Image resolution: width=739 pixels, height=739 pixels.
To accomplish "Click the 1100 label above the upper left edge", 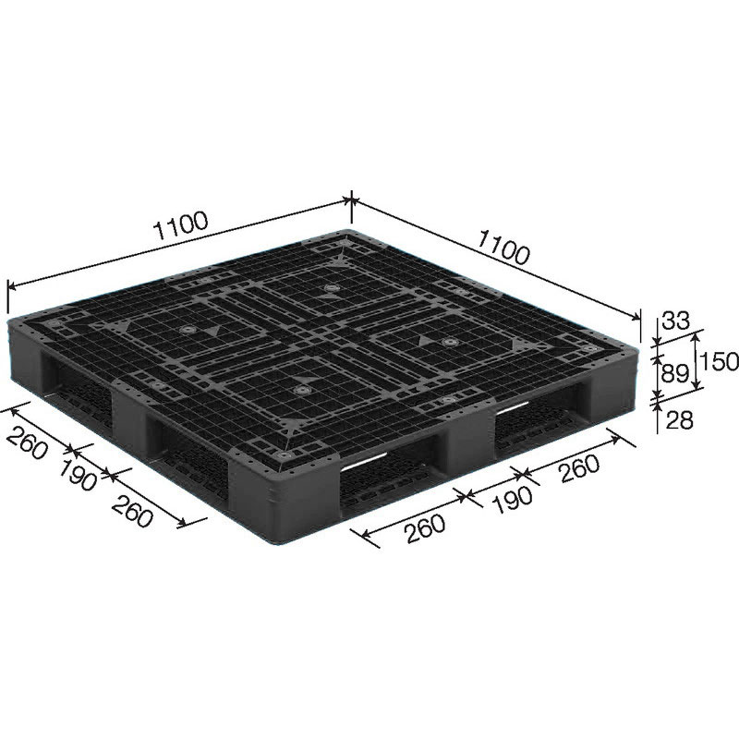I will [x=181, y=225].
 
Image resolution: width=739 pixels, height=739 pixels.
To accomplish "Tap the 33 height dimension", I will [x=676, y=321].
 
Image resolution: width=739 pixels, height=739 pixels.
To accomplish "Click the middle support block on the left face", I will [x=129, y=416].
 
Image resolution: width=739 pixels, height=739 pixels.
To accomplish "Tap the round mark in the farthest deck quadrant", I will [x=331, y=288].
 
